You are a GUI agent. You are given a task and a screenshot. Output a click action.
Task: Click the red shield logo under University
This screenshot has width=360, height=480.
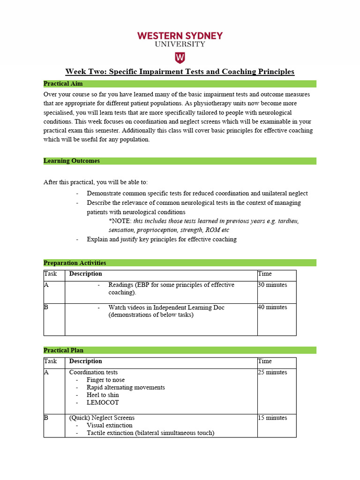point(180,58)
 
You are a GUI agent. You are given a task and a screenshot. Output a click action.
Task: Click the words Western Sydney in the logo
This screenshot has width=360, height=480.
point(180,36)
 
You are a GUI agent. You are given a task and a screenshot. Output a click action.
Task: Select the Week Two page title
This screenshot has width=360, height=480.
point(180,72)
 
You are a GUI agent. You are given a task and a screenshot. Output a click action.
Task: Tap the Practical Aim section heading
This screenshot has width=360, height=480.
point(63,84)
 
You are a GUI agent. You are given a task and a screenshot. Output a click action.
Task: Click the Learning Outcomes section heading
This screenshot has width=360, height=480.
point(71,161)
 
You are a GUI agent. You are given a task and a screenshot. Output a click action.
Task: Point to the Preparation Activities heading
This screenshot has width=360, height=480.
point(75,263)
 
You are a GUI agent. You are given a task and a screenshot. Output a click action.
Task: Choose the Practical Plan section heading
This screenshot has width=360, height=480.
point(63,350)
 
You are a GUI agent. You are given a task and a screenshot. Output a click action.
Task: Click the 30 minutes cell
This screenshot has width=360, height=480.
point(272,285)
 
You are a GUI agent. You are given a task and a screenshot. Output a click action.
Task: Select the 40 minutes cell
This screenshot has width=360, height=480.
point(272,307)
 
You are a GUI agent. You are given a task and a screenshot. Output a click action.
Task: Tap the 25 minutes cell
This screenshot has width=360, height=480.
point(272,373)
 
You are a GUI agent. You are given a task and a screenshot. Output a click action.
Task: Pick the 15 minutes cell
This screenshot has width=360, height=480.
point(272,418)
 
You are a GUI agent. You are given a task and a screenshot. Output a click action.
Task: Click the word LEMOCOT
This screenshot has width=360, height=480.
point(103,403)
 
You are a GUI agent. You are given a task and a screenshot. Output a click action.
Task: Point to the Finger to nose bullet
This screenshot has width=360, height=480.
point(105,380)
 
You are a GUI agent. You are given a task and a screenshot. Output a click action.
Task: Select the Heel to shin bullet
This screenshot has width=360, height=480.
point(103,395)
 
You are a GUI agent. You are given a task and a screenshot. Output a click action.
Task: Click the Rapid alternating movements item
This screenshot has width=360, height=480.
point(126,388)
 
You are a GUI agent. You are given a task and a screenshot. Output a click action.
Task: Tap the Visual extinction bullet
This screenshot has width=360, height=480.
point(109,426)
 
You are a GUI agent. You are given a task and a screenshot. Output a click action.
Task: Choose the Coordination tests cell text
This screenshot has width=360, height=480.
point(93,373)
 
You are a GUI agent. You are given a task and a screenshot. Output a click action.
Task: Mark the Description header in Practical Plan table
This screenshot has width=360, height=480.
point(85,361)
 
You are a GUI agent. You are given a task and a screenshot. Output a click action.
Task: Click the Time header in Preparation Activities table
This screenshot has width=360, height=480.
point(264,274)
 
